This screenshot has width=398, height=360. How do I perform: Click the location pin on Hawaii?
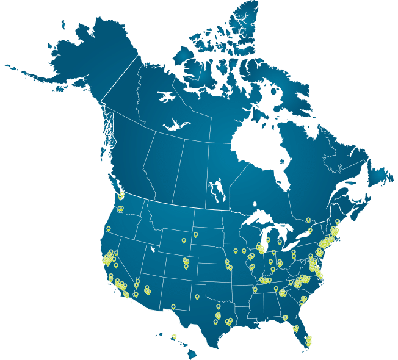pyautogui.click(x=174, y=336)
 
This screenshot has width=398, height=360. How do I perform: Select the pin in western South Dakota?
pyautogui.click(x=195, y=234)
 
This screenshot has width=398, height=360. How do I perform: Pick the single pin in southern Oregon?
pyautogui.click(x=108, y=229)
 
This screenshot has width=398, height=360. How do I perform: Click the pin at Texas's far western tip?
pyautogui.click(x=173, y=306)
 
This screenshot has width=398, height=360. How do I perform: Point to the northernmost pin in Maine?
pyautogui.click(x=337, y=221)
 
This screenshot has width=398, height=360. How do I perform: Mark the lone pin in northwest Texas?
pyautogui.click(x=197, y=297)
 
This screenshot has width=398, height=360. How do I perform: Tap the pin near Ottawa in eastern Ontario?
pyautogui.click(x=308, y=220)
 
